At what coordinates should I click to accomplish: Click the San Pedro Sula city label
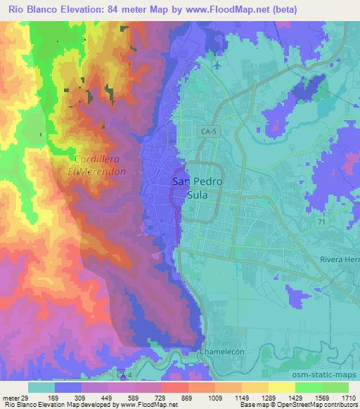pyautogui.click(x=198, y=188)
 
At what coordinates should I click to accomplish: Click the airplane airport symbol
pyautogui.click(x=217, y=66)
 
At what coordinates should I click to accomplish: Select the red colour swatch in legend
pyautogui.click(x=174, y=387)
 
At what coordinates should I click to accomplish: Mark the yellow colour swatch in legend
pyautogui.click(x=281, y=387)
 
